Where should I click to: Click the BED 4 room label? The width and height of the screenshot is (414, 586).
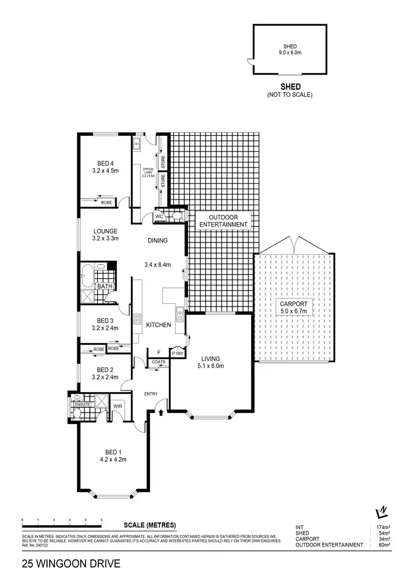click(104, 163)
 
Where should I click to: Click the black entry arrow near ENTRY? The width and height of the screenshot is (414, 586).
click(161, 411)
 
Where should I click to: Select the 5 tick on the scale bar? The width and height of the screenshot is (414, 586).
click(102, 520)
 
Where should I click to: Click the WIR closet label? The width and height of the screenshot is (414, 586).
click(118, 406)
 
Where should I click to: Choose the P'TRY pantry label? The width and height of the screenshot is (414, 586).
click(177, 353)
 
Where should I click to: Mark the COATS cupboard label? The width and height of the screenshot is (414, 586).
click(158, 362)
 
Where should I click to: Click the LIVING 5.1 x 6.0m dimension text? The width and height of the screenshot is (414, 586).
click(211, 365)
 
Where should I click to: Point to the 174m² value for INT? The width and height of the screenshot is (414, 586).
click(383, 527)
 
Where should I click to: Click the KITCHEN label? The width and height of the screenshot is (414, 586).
click(158, 325)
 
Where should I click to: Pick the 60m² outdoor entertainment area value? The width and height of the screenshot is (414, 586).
click(384, 545)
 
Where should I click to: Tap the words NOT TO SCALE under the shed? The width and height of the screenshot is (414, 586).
click(290, 95)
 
